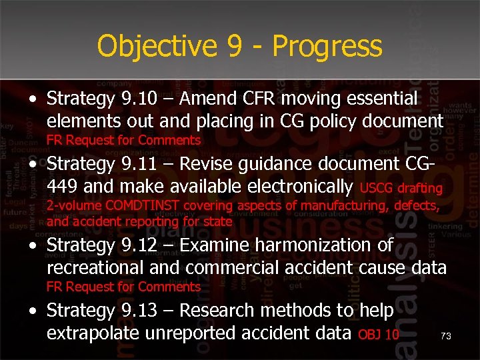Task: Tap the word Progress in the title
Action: [327, 47]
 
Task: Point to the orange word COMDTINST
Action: [145, 207]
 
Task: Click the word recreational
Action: [95, 267]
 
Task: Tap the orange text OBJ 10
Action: [379, 334]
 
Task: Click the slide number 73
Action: [446, 337]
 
